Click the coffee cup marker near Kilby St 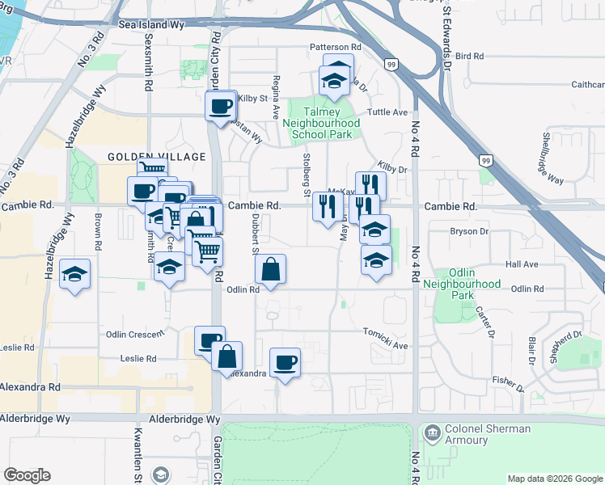(219, 105)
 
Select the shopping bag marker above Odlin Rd (273, 268)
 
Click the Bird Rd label (469, 56)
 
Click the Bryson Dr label (469, 231)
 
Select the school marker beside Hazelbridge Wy (74, 275)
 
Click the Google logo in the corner (27, 475)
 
